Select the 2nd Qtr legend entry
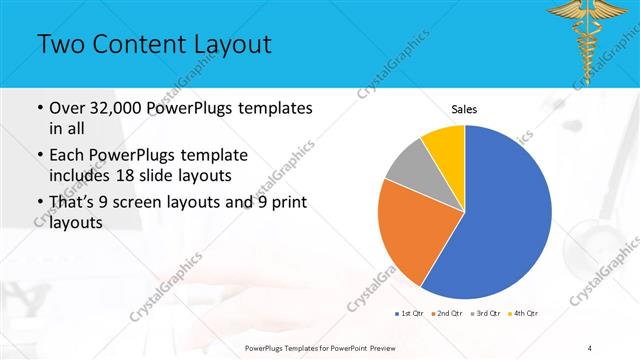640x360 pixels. [x=446, y=314]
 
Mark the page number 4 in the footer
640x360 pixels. [x=590, y=348]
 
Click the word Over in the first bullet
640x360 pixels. [x=69, y=108]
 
